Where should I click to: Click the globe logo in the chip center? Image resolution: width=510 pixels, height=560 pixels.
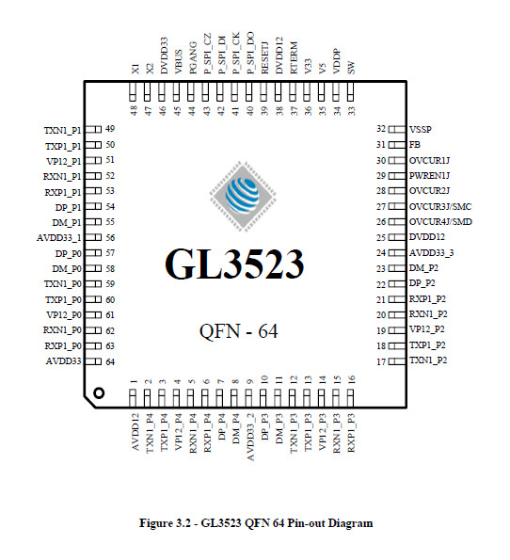coord(243,196)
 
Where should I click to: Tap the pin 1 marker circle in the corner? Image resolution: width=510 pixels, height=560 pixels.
coord(99,392)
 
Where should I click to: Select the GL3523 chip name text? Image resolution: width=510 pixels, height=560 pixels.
coord(234,264)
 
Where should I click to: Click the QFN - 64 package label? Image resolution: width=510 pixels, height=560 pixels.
coord(238,331)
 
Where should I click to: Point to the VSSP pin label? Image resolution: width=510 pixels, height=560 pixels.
coord(421,129)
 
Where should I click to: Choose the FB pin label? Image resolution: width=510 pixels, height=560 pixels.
coord(415,145)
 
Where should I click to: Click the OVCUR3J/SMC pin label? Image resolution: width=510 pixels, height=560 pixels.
coord(440,206)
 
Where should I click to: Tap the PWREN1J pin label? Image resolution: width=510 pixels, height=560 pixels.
coord(429,176)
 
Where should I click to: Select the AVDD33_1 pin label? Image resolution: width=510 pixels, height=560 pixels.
coord(59,237)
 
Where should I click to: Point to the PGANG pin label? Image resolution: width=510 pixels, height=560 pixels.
coord(193,57)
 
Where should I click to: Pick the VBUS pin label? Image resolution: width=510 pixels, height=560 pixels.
coord(178,62)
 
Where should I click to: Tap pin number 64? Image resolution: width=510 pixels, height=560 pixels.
coord(110,361)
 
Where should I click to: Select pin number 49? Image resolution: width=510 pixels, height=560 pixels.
coord(110,129)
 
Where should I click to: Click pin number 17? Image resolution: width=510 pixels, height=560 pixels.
coord(381,361)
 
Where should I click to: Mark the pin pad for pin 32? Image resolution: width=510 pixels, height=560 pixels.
coord(397,129)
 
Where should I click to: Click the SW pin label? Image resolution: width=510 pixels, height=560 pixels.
coord(351,68)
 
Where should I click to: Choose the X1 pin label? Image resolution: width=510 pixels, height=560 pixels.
coord(135,69)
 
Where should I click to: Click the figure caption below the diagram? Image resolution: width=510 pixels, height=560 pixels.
coord(256,523)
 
